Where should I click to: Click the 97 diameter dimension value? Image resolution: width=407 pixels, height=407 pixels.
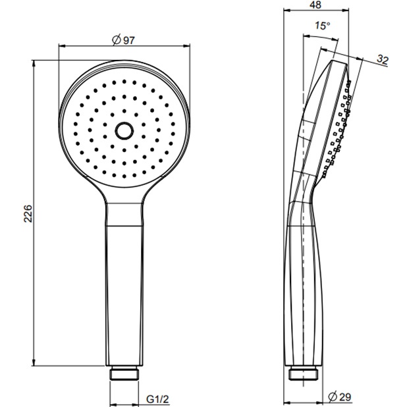[x=129, y=40]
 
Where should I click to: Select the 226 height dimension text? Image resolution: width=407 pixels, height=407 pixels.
[x=28, y=213]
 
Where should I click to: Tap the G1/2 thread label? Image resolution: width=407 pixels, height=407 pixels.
[x=157, y=399]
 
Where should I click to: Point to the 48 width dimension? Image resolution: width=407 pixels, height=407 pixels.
[x=315, y=5]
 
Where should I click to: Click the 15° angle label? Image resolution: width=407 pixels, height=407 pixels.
[x=323, y=26]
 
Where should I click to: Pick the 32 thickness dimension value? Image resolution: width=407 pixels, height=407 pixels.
[x=383, y=60]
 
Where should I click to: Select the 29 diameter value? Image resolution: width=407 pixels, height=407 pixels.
[x=345, y=396]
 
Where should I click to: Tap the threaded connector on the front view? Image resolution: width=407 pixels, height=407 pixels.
[x=124, y=373]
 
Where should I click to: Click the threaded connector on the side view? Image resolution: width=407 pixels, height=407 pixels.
[x=303, y=373]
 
